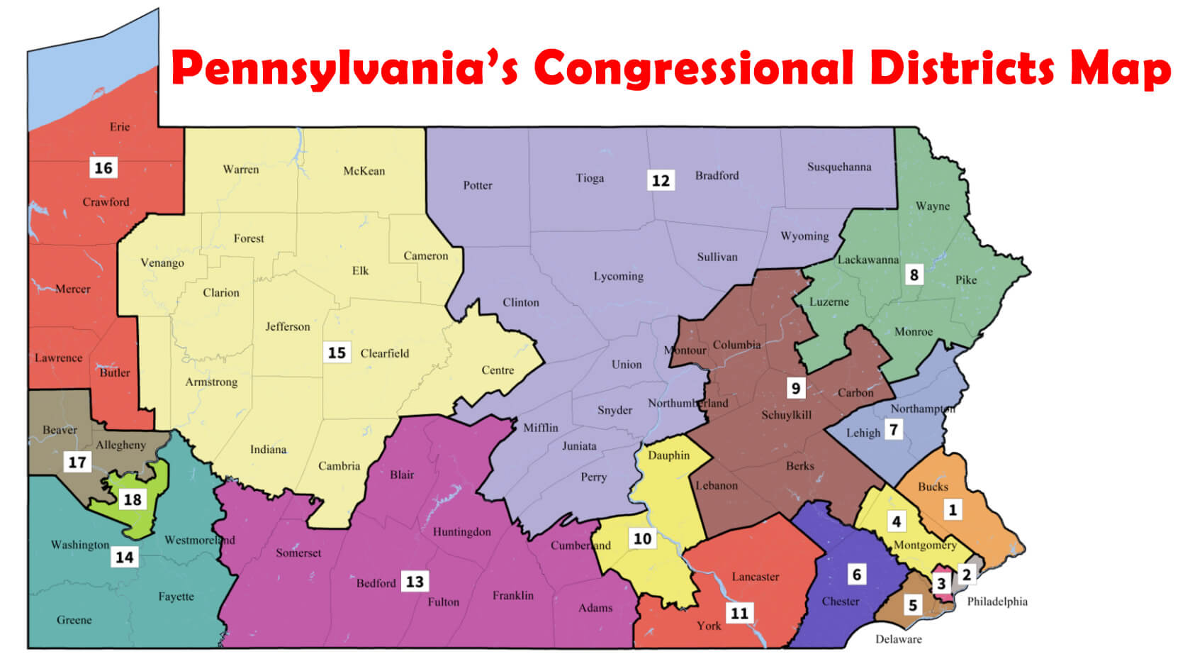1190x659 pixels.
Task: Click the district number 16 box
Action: click(103, 168)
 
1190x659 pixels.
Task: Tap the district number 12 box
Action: click(661, 180)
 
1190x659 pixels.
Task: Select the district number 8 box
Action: click(914, 275)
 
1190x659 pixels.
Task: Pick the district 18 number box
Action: click(133, 499)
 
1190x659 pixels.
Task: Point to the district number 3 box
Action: click(941, 583)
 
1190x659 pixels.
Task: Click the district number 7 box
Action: click(894, 429)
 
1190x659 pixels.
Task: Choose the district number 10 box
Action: click(642, 538)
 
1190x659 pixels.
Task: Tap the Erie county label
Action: click(120, 127)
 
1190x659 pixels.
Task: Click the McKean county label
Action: click(364, 171)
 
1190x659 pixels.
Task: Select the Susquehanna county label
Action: click(839, 167)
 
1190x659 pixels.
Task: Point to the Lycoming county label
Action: click(618, 277)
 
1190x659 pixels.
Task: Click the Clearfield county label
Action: click(384, 353)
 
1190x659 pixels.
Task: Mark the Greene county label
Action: click(74, 620)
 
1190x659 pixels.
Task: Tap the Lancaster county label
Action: click(755, 577)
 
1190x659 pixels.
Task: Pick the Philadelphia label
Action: click(997, 602)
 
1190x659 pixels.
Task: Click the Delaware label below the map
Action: click(898, 639)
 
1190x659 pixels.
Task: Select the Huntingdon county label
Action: click(461, 532)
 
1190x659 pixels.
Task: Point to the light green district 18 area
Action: click(142, 521)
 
